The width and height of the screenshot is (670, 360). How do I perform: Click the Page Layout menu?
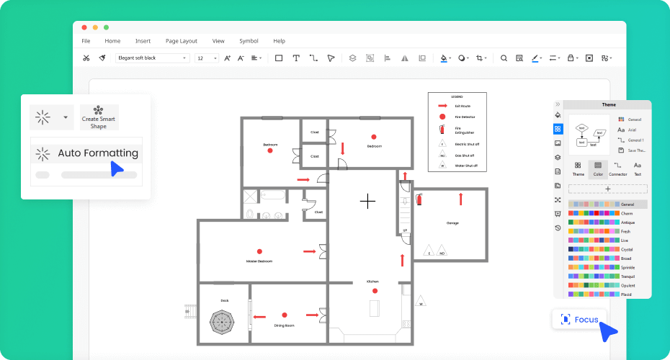(x=181, y=41)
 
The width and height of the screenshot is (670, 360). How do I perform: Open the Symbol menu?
(x=249, y=41)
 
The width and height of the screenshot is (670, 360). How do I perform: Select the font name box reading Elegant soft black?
(x=152, y=58)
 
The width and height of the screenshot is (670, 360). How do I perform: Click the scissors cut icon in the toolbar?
(x=86, y=58)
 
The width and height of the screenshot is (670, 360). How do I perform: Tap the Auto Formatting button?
(x=86, y=153)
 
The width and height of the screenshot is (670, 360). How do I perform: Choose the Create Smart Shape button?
(x=99, y=117)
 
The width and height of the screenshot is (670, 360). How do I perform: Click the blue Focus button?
(x=579, y=319)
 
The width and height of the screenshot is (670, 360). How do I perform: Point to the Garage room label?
(x=452, y=223)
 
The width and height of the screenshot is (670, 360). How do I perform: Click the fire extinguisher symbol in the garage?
(x=419, y=199)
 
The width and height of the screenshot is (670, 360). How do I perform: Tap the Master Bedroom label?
(x=259, y=261)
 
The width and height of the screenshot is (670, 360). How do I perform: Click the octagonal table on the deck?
(x=225, y=320)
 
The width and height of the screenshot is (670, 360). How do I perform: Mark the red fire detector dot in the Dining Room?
(x=285, y=315)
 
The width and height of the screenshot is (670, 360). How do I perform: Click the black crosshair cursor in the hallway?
(x=368, y=201)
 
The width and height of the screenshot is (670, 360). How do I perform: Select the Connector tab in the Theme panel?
(x=617, y=169)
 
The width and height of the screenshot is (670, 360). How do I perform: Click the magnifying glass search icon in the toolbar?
(x=504, y=58)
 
